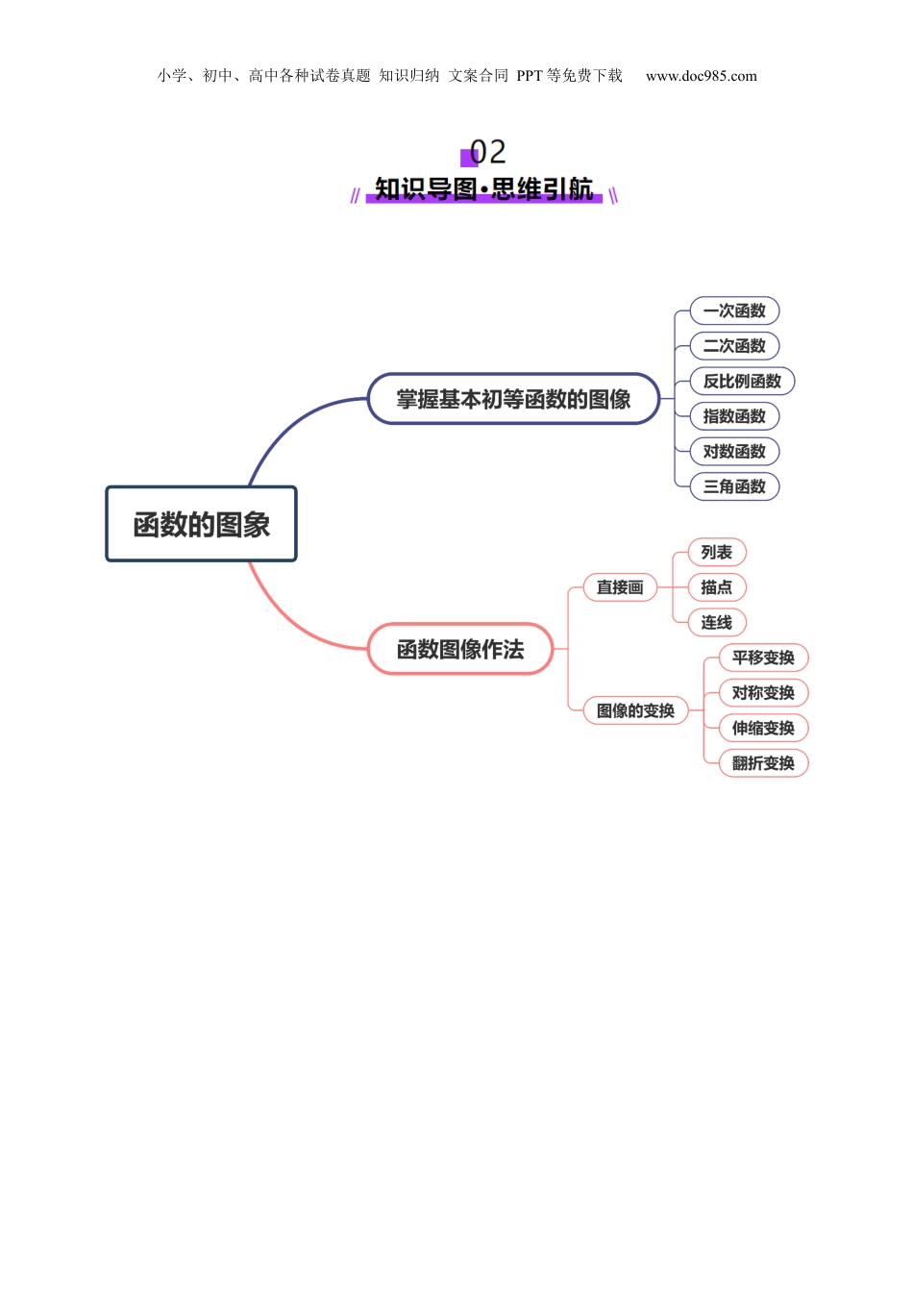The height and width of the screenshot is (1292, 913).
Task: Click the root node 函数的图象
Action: (x=201, y=524)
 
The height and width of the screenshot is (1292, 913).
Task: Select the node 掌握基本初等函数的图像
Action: (x=513, y=399)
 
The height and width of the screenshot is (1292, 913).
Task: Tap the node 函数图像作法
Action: (x=460, y=649)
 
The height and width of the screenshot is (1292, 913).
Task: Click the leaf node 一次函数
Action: (x=734, y=311)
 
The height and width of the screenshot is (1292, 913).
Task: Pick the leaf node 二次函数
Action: (x=734, y=346)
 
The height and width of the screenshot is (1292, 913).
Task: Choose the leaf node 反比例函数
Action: (x=742, y=381)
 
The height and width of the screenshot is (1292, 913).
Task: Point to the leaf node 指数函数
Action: (x=734, y=416)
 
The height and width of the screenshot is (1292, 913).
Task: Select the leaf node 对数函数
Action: (x=734, y=451)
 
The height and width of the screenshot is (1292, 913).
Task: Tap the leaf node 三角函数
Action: (x=734, y=486)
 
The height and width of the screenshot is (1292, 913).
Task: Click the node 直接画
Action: (x=620, y=587)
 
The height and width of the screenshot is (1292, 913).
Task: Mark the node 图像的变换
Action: (x=635, y=710)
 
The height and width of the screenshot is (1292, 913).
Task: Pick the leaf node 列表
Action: (x=717, y=552)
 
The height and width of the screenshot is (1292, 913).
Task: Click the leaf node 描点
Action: (x=717, y=587)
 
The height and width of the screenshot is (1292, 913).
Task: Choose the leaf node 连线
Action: (x=717, y=622)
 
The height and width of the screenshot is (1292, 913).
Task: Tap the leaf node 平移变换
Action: (x=763, y=658)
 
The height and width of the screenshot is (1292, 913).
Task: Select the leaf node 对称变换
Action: (x=763, y=692)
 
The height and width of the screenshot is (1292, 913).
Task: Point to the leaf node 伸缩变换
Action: (x=763, y=728)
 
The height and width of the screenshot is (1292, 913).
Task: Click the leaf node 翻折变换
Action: (x=763, y=763)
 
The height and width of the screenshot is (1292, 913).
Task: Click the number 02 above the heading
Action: (x=487, y=152)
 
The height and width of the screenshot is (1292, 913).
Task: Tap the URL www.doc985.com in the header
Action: (x=701, y=76)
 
